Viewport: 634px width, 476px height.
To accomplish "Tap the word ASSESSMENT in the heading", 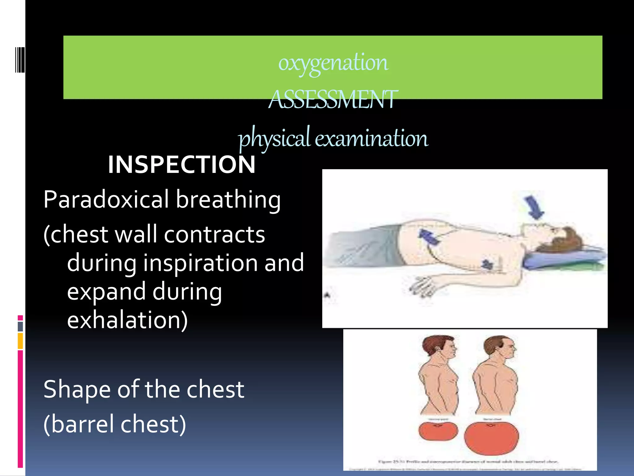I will (x=333, y=100).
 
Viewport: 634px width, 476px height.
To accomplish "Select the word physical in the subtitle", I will (x=274, y=138).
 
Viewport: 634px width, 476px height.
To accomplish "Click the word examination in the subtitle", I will (x=371, y=138).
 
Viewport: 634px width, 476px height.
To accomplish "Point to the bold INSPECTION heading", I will (x=182, y=165).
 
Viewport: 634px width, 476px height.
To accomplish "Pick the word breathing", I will (x=228, y=200).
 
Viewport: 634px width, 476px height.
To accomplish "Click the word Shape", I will (x=77, y=390).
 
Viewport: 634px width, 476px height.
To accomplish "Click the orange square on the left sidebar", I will (x=20, y=341).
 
